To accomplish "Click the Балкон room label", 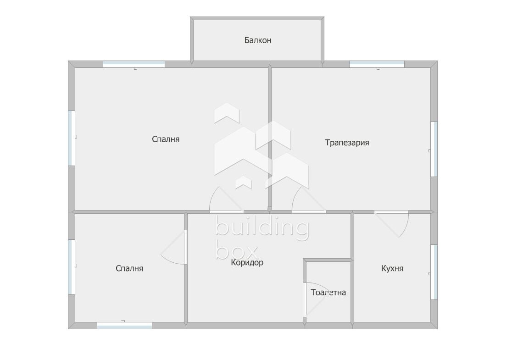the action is coord(258,40).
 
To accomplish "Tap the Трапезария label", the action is coord(347,143).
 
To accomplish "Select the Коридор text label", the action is coord(247,262).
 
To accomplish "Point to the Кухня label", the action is coord(392,268).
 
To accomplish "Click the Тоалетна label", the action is coord(328,293).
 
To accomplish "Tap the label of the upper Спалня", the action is coord(166,139).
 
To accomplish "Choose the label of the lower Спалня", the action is coord(129,268).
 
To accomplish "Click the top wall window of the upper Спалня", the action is coord(134,64).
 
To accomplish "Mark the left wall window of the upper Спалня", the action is coord(72,138).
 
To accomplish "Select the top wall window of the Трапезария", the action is coord(377,64).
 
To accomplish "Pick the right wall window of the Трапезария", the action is coord(434,149).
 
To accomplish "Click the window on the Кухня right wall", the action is coord(434,272).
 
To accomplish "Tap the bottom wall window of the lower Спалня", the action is coord(124,326).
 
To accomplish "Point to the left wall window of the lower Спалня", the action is coord(72,267).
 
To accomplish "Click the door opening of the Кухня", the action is coord(391,212).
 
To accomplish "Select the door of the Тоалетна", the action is coord(305,299).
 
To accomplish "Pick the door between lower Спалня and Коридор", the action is coord(185,247).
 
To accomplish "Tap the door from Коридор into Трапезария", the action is coord(309,212).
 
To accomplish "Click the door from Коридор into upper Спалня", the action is coord(226,212).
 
